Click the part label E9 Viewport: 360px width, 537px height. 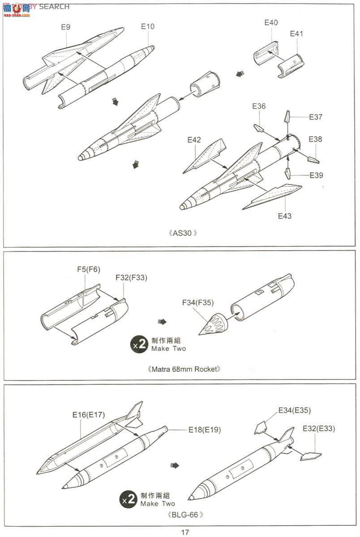tap(65, 27)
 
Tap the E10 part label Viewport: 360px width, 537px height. tap(147, 26)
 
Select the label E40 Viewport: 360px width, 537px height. tap(271, 22)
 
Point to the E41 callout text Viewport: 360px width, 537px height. tap(296, 34)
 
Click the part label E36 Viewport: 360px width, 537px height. tap(259, 106)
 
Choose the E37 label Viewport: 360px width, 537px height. tap(316, 117)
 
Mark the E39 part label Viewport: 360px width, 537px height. tap(316, 175)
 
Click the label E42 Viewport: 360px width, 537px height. tap(194, 140)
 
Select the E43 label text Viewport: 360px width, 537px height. tap(284, 216)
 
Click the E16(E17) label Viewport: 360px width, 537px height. tap(89, 415)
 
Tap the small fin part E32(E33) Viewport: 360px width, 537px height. tap(311, 456)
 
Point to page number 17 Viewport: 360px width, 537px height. tap(185, 532)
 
